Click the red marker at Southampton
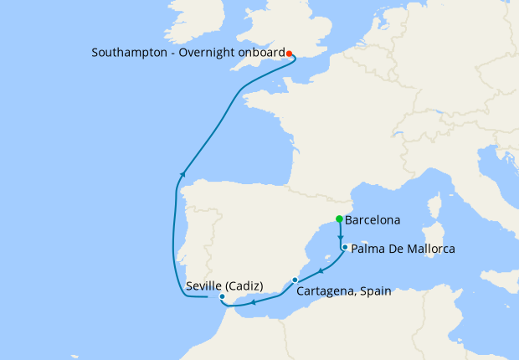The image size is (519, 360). (x=289, y=54)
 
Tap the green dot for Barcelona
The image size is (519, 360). (x=339, y=219)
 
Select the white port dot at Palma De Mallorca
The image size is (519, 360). (x=345, y=247)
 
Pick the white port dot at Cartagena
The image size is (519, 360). (x=295, y=280)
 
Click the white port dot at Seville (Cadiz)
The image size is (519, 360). (x=222, y=297)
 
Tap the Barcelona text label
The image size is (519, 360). (x=373, y=221)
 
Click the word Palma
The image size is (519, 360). (x=368, y=249)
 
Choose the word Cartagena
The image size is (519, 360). (x=325, y=292)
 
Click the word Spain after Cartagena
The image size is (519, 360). (x=373, y=292)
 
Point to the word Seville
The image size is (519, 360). (x=206, y=285)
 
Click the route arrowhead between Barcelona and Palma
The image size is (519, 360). (x=341, y=237)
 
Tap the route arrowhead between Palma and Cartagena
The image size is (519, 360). (x=321, y=270)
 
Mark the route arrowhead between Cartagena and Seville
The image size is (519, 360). (x=254, y=302)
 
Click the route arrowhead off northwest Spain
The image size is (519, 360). (x=181, y=174)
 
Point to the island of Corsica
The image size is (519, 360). (x=435, y=204)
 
